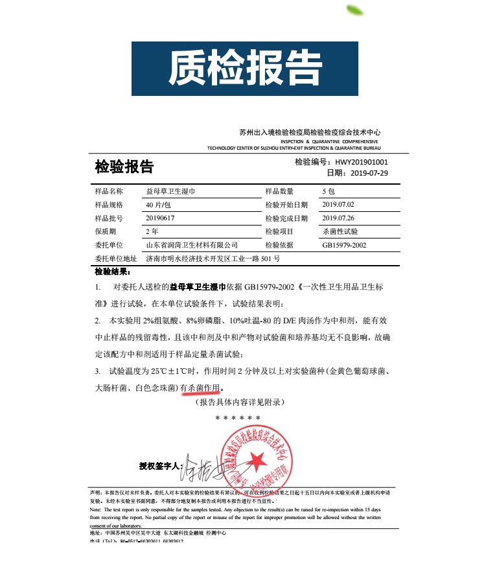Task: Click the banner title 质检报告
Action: coord(245,68)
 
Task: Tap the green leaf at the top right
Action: coord(356,10)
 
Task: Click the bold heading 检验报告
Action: coord(124,167)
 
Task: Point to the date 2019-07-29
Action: coord(363,173)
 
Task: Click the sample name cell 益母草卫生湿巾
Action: coord(170,191)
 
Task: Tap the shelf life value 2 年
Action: coord(152,231)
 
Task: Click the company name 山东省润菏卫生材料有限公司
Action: coord(192,245)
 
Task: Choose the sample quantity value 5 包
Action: coord(328,191)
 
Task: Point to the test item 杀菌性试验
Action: coord(340,231)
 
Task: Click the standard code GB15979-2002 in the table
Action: coord(344,245)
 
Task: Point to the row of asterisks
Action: coord(238,418)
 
